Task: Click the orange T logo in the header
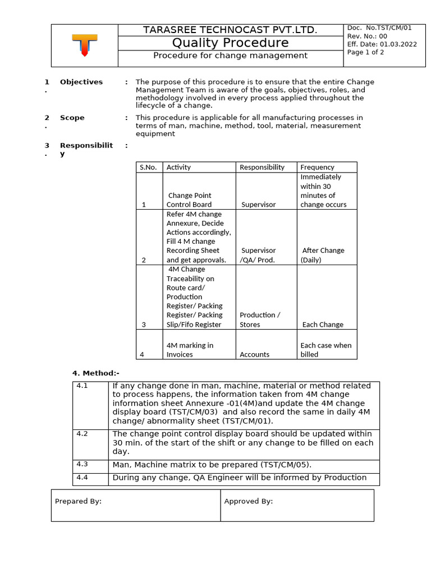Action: (x=84, y=45)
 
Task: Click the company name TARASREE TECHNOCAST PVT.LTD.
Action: (x=230, y=30)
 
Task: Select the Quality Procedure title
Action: (x=230, y=43)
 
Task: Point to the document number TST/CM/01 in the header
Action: (x=396, y=28)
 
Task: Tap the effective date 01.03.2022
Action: (x=398, y=44)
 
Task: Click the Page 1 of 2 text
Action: (x=366, y=52)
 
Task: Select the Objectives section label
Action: (x=81, y=82)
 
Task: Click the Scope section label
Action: (x=72, y=118)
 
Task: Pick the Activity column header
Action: (x=178, y=167)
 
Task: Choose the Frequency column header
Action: (x=317, y=167)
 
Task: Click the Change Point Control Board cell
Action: (x=190, y=200)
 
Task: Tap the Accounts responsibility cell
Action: (x=254, y=354)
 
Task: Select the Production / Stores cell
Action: (x=259, y=320)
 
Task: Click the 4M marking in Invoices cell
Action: (x=190, y=350)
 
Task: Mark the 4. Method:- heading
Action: (x=95, y=373)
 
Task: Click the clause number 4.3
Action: (x=82, y=464)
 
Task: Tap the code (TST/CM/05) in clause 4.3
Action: (x=285, y=465)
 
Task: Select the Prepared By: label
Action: (x=78, y=501)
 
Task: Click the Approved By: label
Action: (x=248, y=501)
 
